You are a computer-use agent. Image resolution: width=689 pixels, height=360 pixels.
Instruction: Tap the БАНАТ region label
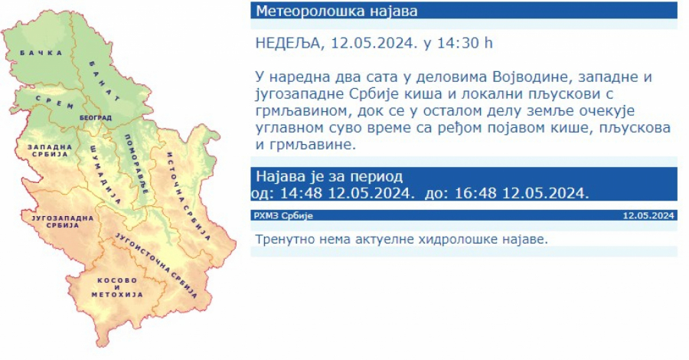[x=105, y=80]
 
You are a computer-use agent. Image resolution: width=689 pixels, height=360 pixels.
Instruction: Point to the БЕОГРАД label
[x=96, y=117]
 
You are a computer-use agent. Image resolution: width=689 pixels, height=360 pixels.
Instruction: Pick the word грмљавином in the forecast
[x=299, y=111]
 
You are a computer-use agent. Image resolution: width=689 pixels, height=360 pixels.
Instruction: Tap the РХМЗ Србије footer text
[x=283, y=216]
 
